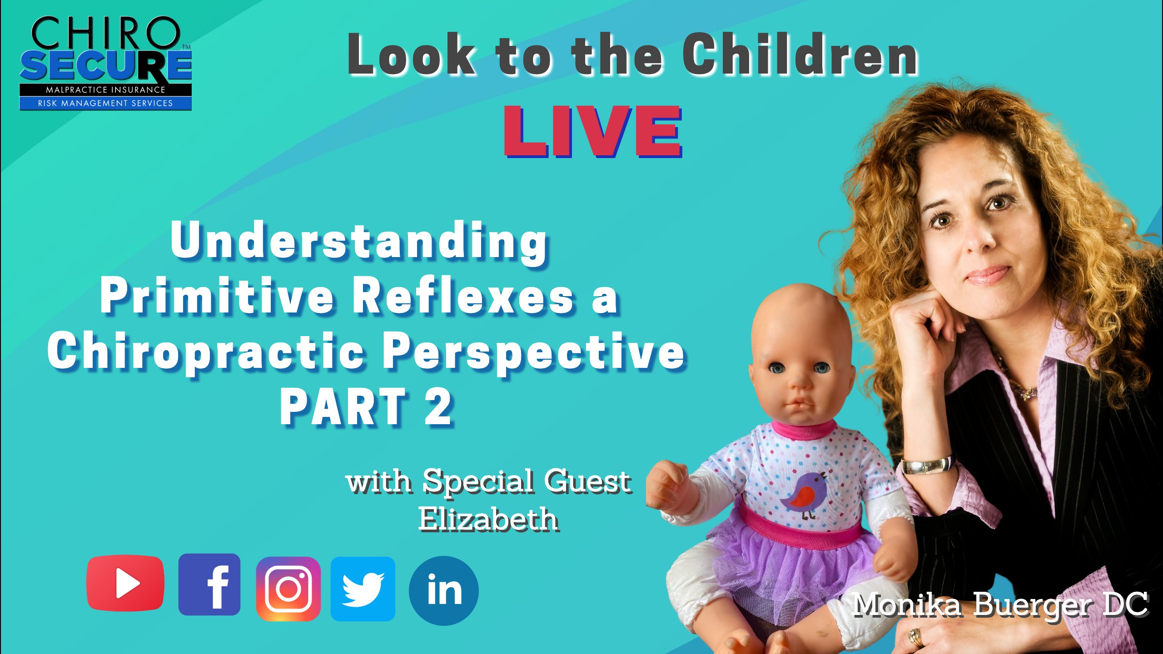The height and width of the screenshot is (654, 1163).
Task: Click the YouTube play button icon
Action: tap(125, 583)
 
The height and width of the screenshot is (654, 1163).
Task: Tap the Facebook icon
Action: tap(209, 585)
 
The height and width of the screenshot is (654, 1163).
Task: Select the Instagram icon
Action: tap(288, 589)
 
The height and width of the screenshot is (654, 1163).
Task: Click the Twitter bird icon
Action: tap(363, 589)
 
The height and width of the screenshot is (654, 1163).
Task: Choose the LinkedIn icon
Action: tap(444, 590)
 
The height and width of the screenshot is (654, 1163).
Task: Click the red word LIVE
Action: tap(593, 131)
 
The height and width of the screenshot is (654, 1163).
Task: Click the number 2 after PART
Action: tap(438, 407)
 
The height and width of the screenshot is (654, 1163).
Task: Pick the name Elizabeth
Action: tap(488, 519)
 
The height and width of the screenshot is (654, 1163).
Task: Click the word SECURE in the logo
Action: tap(105, 64)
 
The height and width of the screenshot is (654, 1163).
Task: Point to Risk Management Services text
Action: tap(105, 103)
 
